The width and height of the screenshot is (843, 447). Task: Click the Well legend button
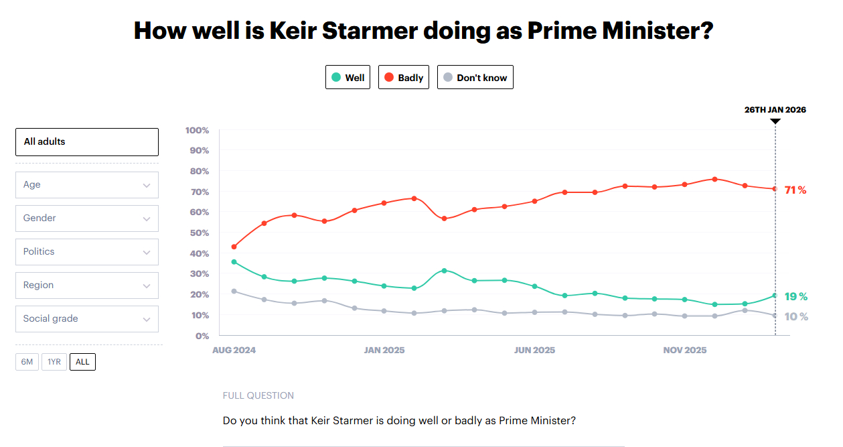click(348, 77)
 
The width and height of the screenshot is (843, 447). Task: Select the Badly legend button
click(403, 77)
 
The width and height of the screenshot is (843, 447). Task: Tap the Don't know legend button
click(475, 77)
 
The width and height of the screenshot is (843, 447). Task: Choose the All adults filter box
click(87, 142)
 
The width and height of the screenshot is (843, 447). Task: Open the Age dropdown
click(87, 185)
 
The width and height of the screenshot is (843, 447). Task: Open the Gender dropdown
click(87, 218)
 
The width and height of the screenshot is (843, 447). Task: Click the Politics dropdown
click(87, 252)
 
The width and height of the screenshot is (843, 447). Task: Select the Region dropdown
click(87, 285)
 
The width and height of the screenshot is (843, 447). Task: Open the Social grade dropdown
click(87, 319)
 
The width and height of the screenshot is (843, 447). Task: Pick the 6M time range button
click(27, 362)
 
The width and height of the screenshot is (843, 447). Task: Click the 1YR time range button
click(54, 362)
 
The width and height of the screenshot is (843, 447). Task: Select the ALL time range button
click(82, 362)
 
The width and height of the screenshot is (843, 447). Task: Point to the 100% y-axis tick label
click(197, 130)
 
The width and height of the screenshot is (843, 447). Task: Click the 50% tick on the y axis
click(199, 233)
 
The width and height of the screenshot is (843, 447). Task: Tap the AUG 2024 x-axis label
click(234, 350)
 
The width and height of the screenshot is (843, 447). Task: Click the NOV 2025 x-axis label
click(685, 350)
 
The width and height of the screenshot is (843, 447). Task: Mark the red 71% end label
click(795, 190)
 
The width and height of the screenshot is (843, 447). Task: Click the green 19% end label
click(795, 297)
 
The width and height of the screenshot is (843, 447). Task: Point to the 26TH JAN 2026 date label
click(775, 110)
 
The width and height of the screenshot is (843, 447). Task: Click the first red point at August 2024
click(234, 247)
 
